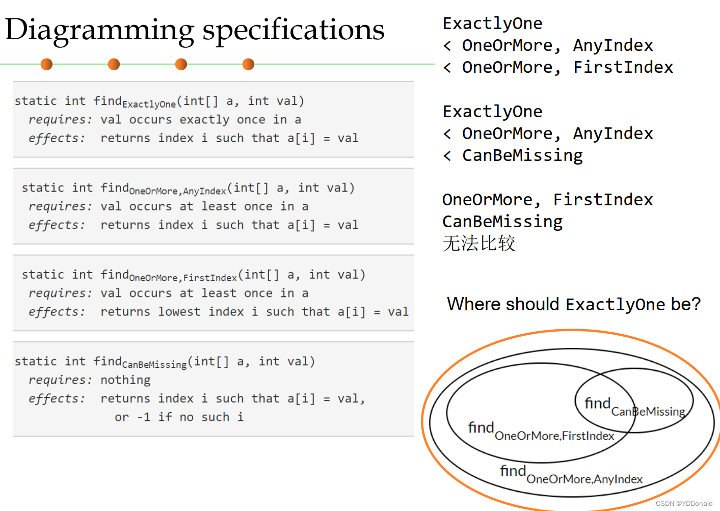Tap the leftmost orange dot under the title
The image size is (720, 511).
[x=46, y=64]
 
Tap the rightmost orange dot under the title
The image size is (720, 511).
[x=248, y=64]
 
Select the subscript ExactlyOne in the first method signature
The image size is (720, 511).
[x=149, y=104]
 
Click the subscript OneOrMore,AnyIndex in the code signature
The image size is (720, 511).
[x=177, y=192]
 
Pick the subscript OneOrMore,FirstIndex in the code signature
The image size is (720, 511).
[x=183, y=278]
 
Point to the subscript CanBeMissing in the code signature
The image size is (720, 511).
[x=154, y=365]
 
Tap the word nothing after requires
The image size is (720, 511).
[x=125, y=380]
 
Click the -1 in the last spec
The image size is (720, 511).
[x=143, y=417]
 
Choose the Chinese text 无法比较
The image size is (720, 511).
[x=478, y=244]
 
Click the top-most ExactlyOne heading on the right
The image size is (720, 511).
[x=492, y=23]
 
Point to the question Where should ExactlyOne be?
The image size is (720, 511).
[x=573, y=304]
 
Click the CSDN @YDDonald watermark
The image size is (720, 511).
[x=684, y=503]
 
